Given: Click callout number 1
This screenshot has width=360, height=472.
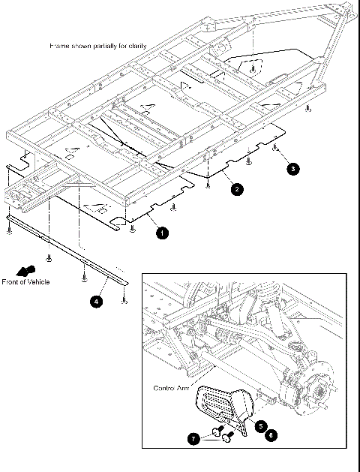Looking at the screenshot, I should tap(162, 233).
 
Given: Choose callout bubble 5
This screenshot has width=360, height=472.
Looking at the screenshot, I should tap(260, 425).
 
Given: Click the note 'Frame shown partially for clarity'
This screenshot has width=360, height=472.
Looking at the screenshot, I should tap(97, 46).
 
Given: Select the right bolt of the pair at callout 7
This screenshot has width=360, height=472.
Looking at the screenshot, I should tap(229, 433).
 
